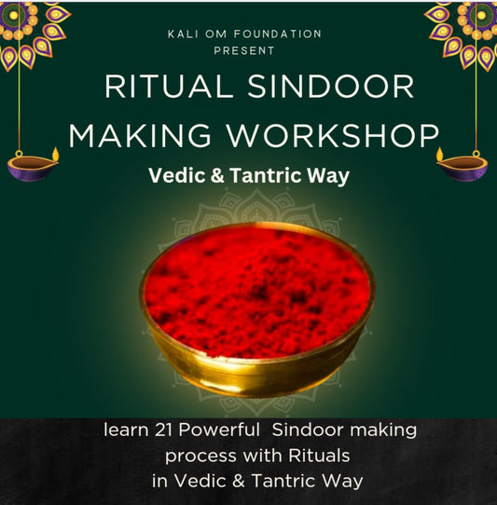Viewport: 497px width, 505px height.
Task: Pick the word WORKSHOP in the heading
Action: pos(342,136)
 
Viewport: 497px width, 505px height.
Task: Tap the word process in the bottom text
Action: pos(195,457)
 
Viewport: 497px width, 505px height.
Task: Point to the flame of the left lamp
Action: pos(55,152)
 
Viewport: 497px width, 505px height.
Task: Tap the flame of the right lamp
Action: pos(440,152)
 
